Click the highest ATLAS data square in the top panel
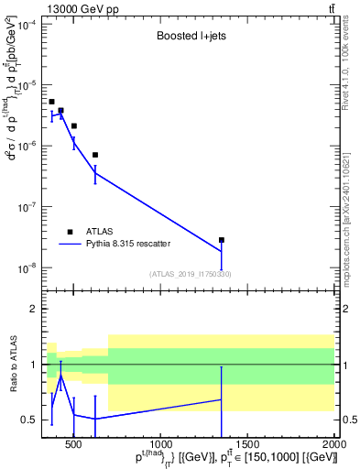coord(51,102)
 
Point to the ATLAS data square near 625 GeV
coord(95,155)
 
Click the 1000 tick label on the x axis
coord(159,445)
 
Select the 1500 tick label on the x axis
coord(247,445)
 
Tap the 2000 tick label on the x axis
coord(333,445)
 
